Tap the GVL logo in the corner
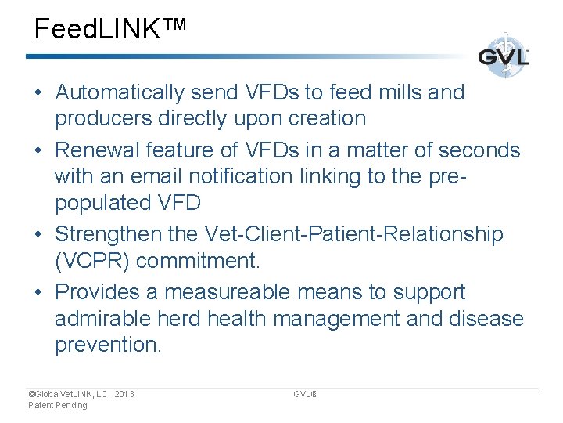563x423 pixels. coord(504,56)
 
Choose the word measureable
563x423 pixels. coord(206,292)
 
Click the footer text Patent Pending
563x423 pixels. coord(58,405)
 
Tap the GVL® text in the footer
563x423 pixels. coord(305,394)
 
